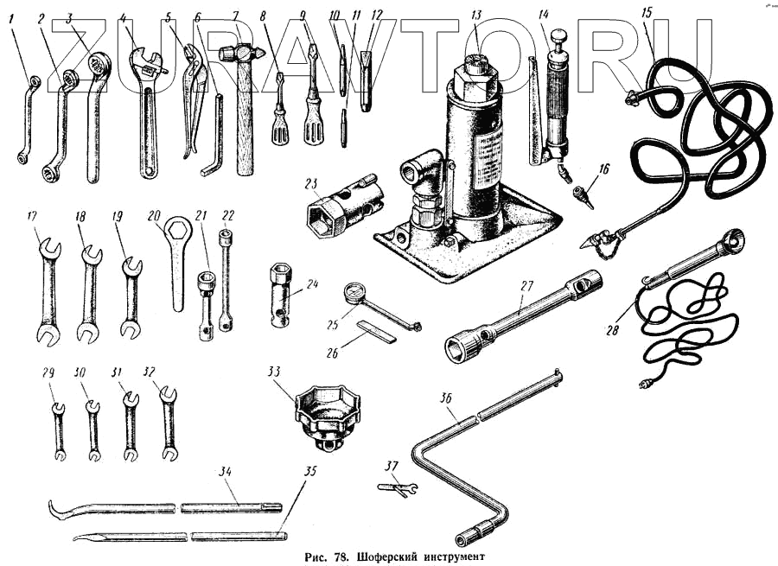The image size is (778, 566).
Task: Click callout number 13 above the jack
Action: coord(476,16)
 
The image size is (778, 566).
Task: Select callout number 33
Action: coord(274,372)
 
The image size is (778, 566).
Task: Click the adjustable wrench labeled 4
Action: coord(148,112)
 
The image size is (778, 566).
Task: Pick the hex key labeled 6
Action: coord(214,138)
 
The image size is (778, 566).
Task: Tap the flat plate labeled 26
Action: coord(376,331)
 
